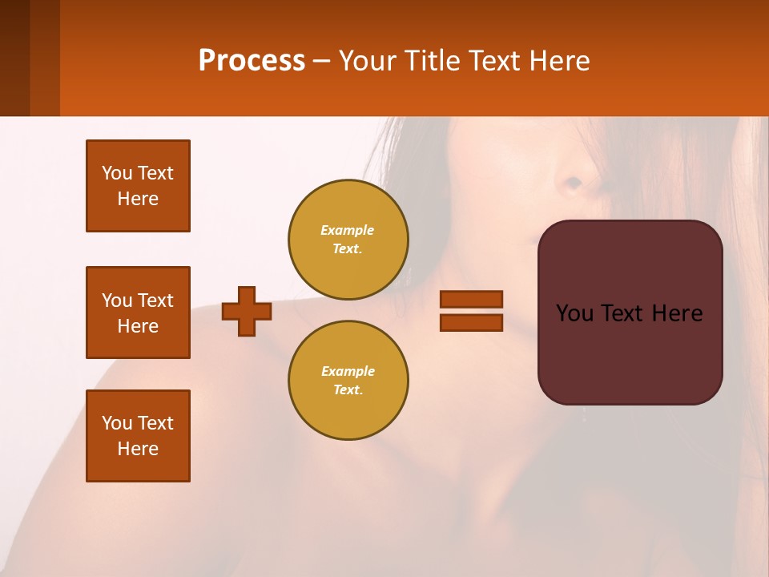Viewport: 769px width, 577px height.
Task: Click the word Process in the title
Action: coord(252,61)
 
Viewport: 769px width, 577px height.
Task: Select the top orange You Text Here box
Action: coord(138,186)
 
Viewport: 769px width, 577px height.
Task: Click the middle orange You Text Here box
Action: coord(138,313)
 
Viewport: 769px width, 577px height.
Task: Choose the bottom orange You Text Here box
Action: coord(138,436)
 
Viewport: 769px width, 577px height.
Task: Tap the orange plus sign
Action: coord(247,311)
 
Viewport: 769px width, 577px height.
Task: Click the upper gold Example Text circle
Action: coord(348,240)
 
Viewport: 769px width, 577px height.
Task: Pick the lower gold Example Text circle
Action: coord(348,381)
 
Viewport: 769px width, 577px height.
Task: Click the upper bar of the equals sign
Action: coord(471,299)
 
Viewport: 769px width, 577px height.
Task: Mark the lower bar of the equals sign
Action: coord(471,323)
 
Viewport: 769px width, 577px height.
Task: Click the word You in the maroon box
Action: coord(575,313)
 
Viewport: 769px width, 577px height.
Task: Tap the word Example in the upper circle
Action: coord(348,230)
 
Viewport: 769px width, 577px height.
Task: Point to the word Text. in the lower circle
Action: coord(348,390)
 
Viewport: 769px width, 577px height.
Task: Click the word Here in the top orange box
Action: coord(138,199)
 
